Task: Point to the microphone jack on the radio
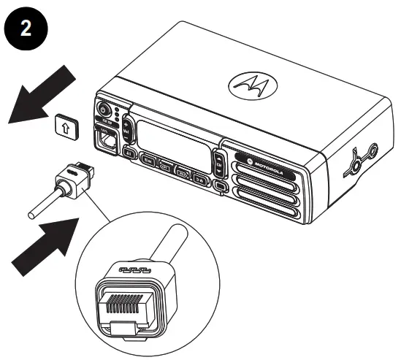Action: [106, 139]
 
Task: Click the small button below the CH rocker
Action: [221, 186]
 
